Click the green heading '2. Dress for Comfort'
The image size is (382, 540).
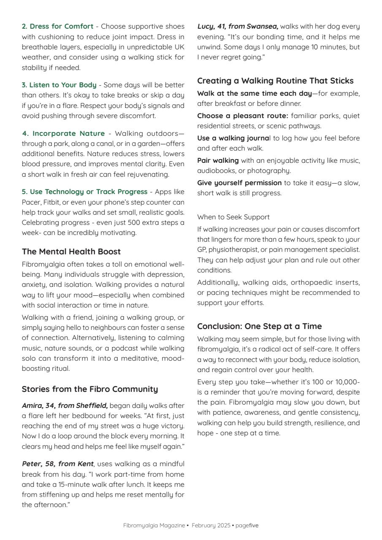[57, 27]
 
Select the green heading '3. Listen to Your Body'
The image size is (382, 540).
[59, 85]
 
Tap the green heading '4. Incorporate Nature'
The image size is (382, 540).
[63, 134]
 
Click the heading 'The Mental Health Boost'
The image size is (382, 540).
[71, 252]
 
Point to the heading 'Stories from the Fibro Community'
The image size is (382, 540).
[90, 389]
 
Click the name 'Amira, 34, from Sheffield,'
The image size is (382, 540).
[65, 406]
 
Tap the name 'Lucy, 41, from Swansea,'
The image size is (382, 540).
[238, 27]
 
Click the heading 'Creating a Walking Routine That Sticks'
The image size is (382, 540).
[275, 81]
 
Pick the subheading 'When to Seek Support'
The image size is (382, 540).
[233, 217]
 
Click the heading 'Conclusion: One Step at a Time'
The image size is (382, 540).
[259, 327]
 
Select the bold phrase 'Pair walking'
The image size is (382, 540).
[218, 161]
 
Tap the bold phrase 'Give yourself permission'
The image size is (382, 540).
[239, 183]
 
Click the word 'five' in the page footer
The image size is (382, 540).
[254, 526]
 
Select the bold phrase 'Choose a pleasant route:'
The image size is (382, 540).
[243, 116]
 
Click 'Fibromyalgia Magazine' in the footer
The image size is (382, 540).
[154, 526]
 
